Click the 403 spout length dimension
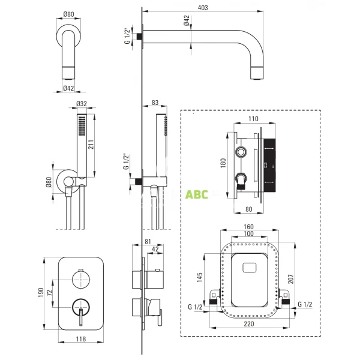tap(203, 7)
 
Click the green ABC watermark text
tap(197, 195)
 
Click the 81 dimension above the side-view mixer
tap(149, 242)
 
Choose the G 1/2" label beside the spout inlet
tap(127, 36)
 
